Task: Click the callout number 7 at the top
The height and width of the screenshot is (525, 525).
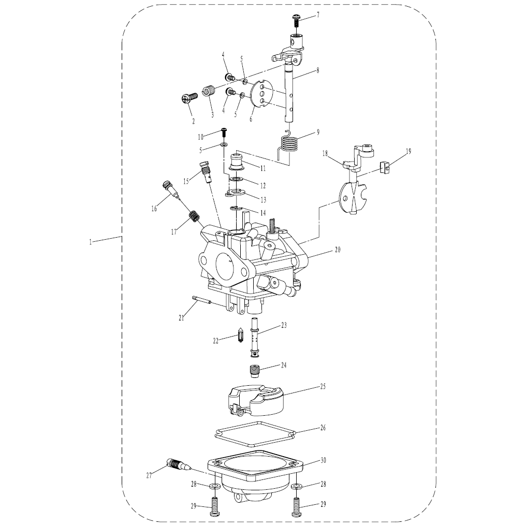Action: click(x=318, y=14)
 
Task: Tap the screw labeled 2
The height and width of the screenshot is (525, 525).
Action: click(x=187, y=98)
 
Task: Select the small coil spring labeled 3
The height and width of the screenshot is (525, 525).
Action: click(x=208, y=91)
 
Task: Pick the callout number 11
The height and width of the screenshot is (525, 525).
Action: click(x=263, y=168)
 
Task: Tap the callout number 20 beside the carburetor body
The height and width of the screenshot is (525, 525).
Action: click(x=338, y=250)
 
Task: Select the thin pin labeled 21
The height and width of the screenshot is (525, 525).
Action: click(x=201, y=300)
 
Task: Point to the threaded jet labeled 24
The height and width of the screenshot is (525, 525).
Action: click(x=255, y=370)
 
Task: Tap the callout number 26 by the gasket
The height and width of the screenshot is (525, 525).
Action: click(x=323, y=428)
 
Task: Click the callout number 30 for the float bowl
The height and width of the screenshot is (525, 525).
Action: click(x=323, y=460)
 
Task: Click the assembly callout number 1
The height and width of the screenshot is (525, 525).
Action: click(x=91, y=242)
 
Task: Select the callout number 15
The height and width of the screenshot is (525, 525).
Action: click(x=186, y=181)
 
